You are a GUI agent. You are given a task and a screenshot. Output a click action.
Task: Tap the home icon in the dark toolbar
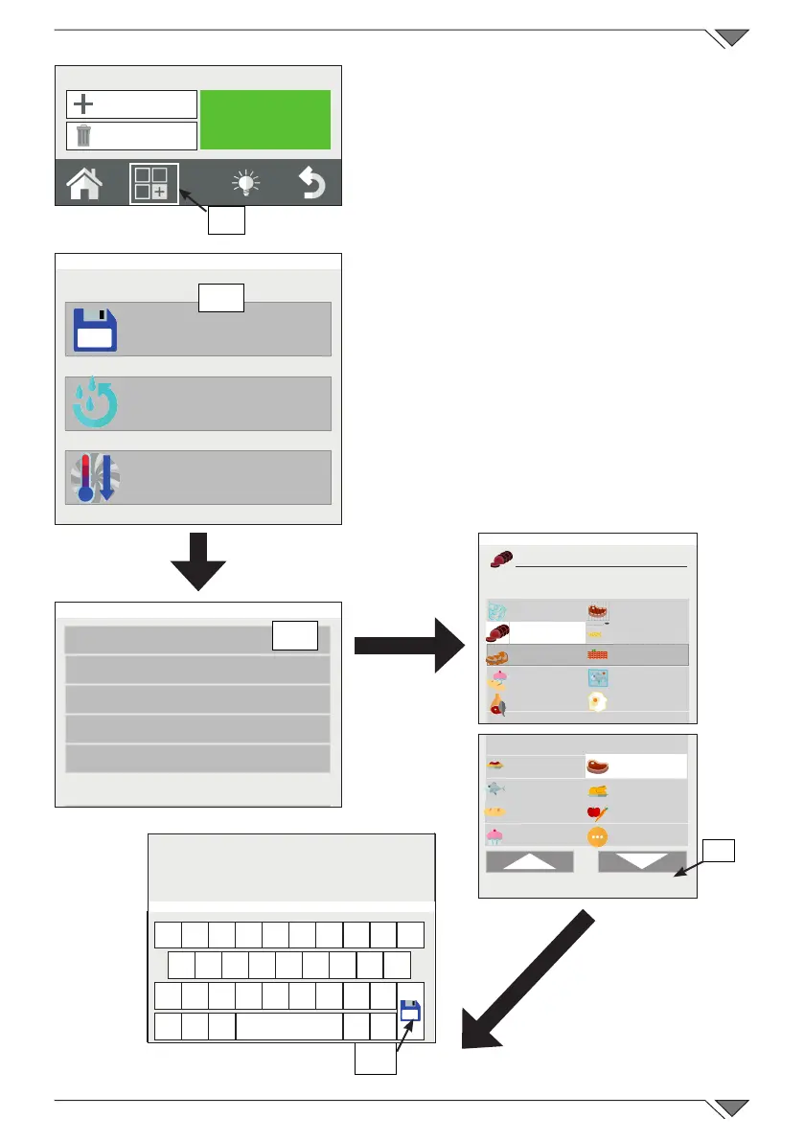84,183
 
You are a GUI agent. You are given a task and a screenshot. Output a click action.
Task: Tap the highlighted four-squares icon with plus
153,183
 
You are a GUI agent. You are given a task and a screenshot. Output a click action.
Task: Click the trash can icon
84,135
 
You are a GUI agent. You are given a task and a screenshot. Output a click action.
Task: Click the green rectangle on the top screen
265,120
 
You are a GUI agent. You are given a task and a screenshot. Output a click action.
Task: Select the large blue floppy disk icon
95,330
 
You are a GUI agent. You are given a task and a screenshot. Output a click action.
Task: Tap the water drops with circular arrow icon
95,404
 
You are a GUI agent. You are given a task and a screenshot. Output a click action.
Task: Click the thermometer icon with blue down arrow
95,478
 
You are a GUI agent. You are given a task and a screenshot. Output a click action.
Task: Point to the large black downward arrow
198,562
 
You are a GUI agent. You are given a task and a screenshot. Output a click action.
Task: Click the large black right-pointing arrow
407,647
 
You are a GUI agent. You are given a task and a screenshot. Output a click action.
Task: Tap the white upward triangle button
529,862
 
